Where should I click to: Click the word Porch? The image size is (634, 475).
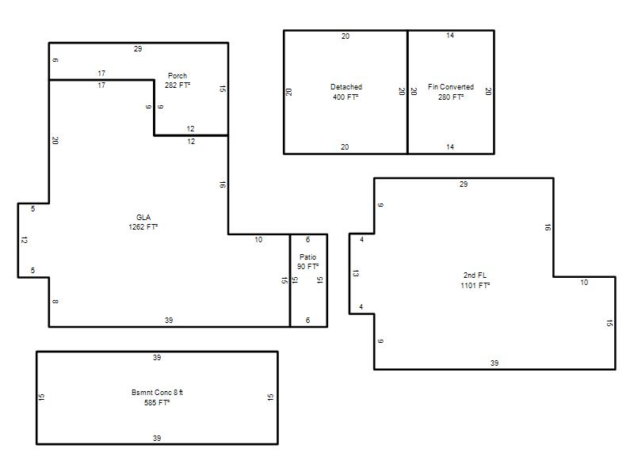[178, 75]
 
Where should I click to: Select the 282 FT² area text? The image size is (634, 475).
[178, 85]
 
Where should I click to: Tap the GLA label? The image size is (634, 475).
[143, 217]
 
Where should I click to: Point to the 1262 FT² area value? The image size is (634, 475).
[143, 227]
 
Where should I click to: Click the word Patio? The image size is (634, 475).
[307, 256]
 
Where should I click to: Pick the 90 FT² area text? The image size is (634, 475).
[307, 267]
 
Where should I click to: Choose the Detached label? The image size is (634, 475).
[346, 87]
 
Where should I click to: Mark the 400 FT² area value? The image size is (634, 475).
[346, 97]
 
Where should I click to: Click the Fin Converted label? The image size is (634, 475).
[451, 87]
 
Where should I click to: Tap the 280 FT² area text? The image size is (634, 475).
[451, 97]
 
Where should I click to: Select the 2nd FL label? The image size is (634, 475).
[475, 275]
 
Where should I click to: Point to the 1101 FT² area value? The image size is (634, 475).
[475, 285]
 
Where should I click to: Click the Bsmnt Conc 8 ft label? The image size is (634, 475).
[157, 392]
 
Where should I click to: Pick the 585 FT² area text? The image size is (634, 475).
[157, 402]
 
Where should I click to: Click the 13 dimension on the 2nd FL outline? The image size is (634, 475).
[356, 273]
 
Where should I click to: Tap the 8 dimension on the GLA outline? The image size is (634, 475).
[55, 302]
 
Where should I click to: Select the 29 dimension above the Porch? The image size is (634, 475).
[138, 49]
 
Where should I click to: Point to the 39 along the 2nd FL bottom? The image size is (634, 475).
[495, 363]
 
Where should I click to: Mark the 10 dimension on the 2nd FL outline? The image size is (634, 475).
[584, 283]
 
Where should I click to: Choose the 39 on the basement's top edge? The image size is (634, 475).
[157, 358]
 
